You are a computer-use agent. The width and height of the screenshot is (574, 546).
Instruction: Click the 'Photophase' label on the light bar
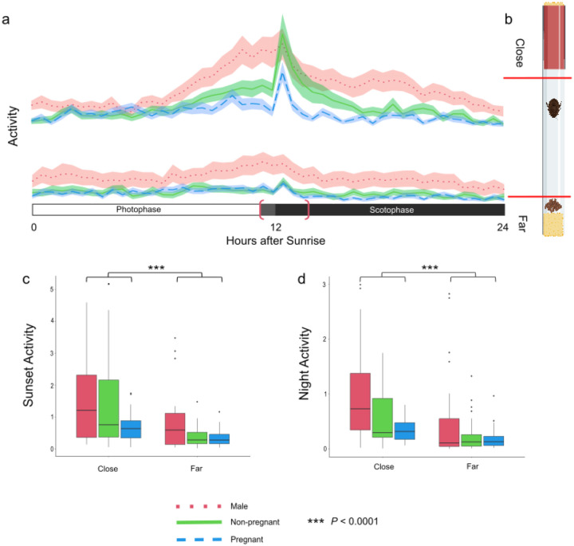click(x=139, y=210)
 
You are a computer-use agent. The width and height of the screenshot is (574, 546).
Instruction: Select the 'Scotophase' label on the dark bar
click(x=391, y=210)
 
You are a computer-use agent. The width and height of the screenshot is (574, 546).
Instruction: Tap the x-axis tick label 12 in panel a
click(x=276, y=227)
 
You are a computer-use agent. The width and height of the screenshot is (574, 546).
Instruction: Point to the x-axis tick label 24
click(x=502, y=227)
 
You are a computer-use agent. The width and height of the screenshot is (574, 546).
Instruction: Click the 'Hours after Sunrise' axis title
click(x=276, y=241)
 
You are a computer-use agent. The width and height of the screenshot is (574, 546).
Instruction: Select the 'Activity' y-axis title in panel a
click(x=13, y=126)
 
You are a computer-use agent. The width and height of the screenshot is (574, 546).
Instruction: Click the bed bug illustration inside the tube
click(x=552, y=108)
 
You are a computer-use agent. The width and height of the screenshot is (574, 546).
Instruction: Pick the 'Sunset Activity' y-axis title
click(x=28, y=365)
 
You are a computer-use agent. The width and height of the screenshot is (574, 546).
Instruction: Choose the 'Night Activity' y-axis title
click(x=304, y=363)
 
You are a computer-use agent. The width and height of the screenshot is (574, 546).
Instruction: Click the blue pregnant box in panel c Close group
click(x=131, y=429)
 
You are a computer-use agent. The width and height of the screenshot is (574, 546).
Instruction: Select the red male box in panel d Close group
click(x=360, y=402)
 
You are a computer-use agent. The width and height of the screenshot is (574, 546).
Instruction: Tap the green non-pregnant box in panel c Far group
click(x=198, y=438)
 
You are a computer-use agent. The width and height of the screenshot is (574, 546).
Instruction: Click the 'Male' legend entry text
click(x=239, y=506)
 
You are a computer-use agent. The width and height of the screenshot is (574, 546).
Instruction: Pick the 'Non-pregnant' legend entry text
click(x=255, y=522)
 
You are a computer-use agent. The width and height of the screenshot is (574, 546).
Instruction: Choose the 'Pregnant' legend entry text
click(x=246, y=540)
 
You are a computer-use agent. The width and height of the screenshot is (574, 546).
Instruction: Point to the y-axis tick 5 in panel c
click(x=52, y=289)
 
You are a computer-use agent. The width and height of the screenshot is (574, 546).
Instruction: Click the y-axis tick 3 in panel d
click(x=324, y=285)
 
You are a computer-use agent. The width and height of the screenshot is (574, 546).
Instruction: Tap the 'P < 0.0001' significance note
click(x=354, y=520)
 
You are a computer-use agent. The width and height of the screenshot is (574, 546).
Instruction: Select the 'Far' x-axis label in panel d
click(x=472, y=466)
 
